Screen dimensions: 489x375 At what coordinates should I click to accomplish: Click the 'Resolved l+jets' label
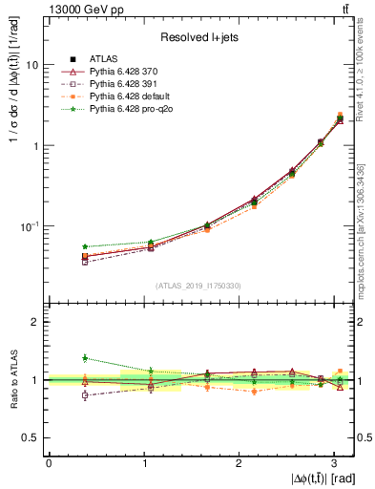click(x=199, y=37)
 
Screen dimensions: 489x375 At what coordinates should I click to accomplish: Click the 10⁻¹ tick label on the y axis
click(x=29, y=226)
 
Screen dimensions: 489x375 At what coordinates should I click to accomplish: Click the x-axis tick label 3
click(x=335, y=463)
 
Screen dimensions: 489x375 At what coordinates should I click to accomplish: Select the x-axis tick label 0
click(x=48, y=463)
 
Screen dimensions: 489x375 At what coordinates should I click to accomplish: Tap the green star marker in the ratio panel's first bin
click(x=85, y=358)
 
